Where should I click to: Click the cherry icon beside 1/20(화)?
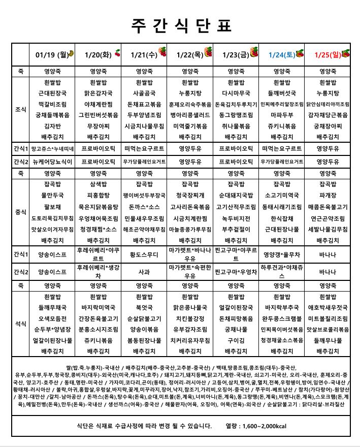coord(117,53)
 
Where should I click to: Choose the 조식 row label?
coord(21,109)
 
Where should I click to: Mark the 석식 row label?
coord(21,323)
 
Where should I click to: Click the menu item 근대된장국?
coord(53,93)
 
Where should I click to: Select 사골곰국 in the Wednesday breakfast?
coord(144,93)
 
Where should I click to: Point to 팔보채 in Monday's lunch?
coord(53,207)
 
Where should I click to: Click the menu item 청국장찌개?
coord(190,195)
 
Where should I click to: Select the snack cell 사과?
coord(144,272)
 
